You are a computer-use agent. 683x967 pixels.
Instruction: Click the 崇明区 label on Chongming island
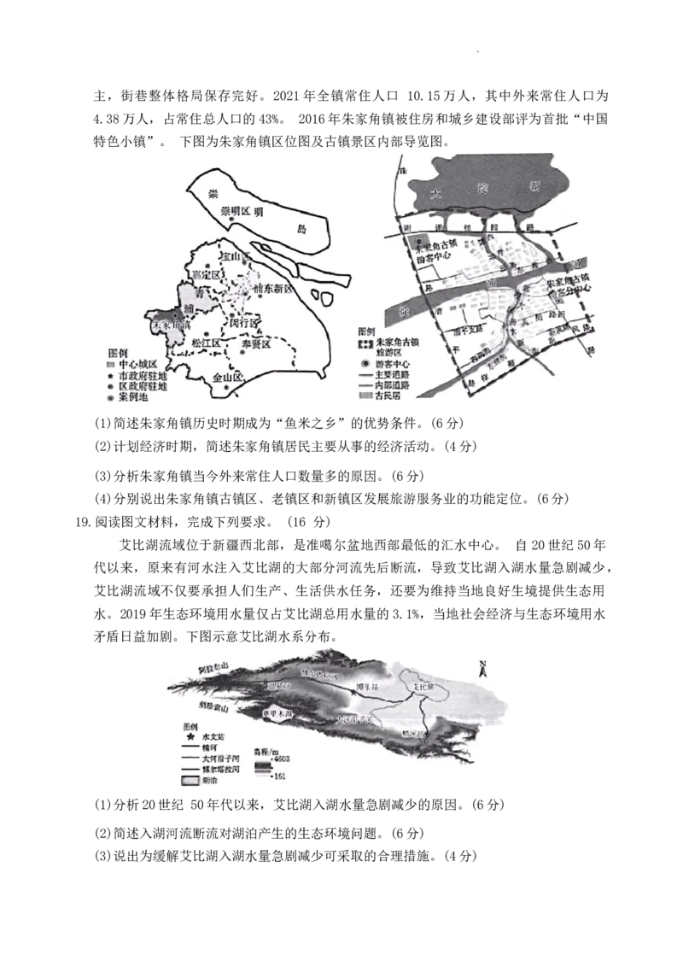click(233, 210)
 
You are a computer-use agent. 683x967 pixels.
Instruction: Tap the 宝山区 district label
click(234, 257)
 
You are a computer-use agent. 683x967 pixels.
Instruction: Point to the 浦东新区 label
click(272, 290)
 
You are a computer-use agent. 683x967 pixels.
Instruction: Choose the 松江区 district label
click(206, 343)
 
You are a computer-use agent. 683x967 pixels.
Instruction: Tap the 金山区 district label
click(228, 377)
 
